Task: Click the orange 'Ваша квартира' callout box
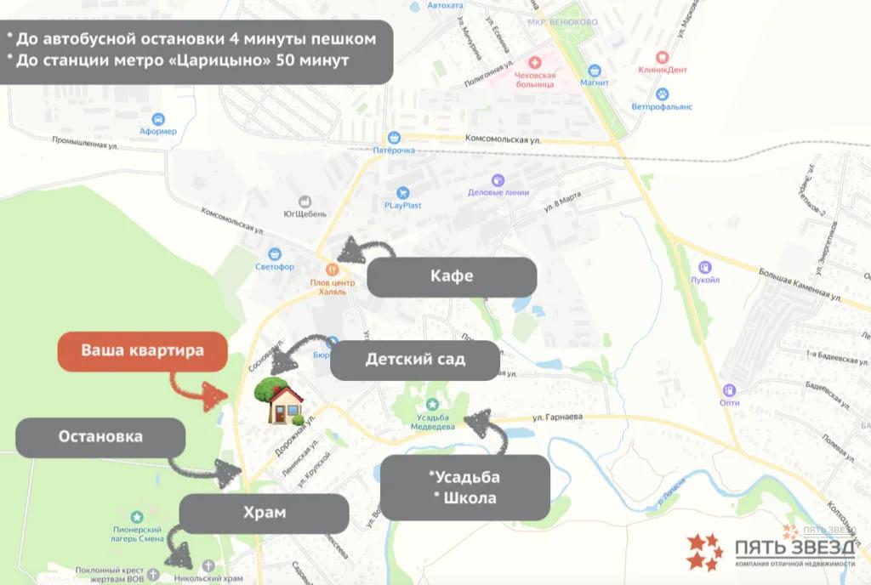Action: pyautogui.click(x=142, y=350)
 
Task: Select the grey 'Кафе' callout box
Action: pyautogui.click(x=452, y=276)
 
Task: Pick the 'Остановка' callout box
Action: pyautogui.click(x=100, y=437)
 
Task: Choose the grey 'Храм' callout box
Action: pyautogui.click(x=264, y=514)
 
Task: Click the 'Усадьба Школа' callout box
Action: pyautogui.click(x=464, y=486)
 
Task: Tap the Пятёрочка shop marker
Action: pyautogui.click(x=394, y=137)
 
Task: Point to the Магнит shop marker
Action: pyautogui.click(x=595, y=71)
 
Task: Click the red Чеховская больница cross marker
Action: pyautogui.click(x=535, y=62)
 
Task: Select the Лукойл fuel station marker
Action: pyautogui.click(x=705, y=266)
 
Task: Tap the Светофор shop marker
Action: pyautogui.click(x=275, y=253)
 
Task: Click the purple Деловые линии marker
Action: pyautogui.click(x=498, y=179)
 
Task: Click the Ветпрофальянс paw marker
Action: pyautogui.click(x=663, y=94)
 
